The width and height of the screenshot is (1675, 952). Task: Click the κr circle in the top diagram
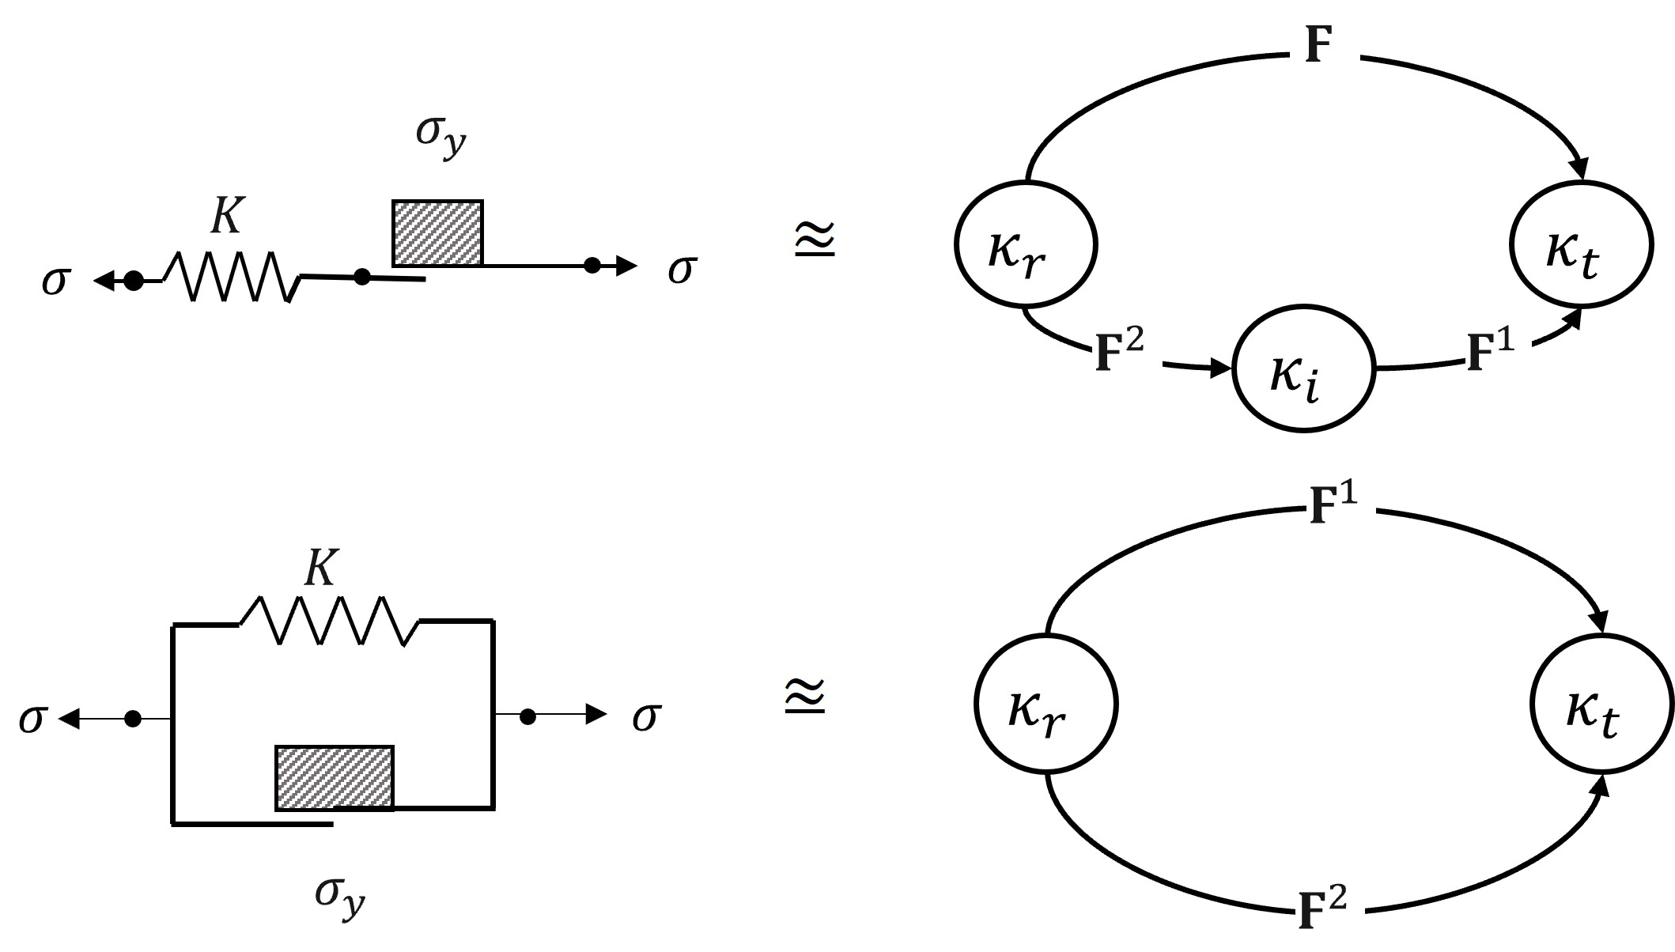pos(1026,244)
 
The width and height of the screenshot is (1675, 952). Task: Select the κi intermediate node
pos(1304,369)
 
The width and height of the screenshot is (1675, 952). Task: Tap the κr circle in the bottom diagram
pos(1045,703)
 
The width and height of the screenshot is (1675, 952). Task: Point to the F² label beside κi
pos(1118,353)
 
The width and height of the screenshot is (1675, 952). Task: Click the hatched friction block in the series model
pos(437,233)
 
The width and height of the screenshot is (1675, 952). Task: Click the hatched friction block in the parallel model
pos(335,778)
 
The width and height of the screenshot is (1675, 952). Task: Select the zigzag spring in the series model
pos(232,277)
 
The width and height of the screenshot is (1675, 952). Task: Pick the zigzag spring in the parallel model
pos(329,621)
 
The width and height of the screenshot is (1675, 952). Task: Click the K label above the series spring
pos(226,215)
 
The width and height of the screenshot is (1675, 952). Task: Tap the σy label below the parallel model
pos(340,896)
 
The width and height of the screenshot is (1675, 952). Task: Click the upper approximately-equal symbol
pos(814,240)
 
